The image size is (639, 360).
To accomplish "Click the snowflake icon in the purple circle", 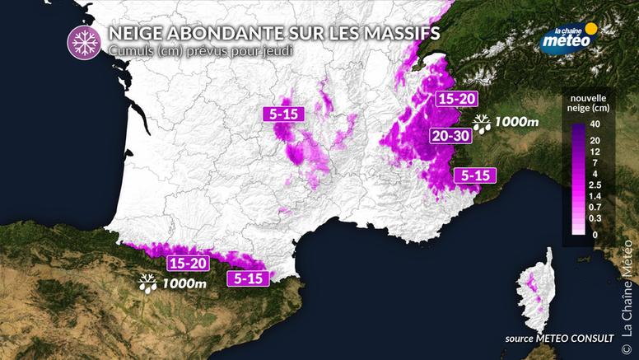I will [82, 40].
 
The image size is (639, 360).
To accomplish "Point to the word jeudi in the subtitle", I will [278, 50].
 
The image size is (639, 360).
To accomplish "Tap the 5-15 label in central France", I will [283, 115].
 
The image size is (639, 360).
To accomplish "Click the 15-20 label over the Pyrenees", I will [187, 264].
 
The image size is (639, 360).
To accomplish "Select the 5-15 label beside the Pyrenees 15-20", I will [247, 278].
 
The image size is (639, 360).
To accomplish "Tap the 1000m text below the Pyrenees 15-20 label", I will [184, 284].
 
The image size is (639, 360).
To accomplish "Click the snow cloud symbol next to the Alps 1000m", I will [482, 124].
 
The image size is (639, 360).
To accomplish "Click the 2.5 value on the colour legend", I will [595, 185].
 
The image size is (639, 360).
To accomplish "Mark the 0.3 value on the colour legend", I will [595, 218].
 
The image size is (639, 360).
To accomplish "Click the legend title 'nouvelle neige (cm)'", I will [589, 103].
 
